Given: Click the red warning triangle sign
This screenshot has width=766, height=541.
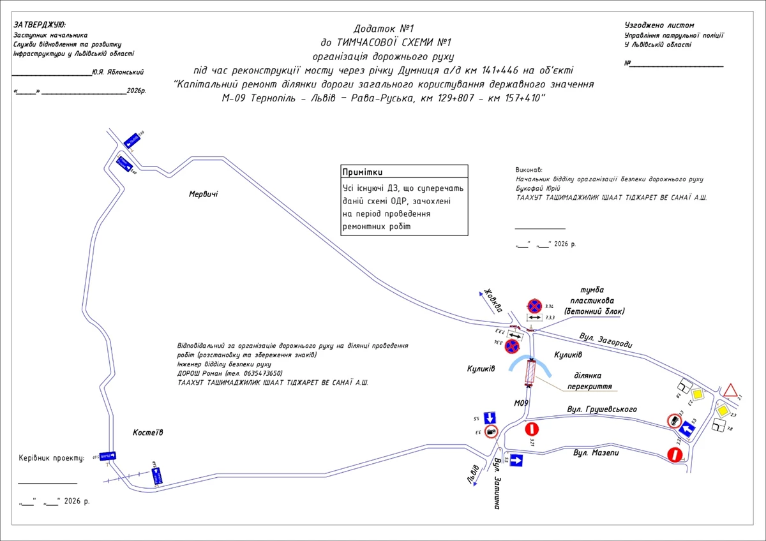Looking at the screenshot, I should click(730, 390).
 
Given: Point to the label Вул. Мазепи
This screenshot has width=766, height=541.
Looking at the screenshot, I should click(596, 453).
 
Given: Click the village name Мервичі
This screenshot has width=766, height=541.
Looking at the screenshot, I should click(203, 194).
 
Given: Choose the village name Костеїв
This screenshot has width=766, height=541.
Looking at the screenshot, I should click(148, 433).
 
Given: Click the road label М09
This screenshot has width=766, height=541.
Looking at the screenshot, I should click(522, 403).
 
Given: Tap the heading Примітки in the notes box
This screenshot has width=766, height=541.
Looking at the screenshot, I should click(363, 172).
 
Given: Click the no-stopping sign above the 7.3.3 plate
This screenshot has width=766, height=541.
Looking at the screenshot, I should click(534, 307).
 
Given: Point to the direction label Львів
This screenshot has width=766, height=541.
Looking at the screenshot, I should click(473, 473).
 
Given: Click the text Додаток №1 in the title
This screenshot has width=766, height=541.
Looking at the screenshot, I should click(384, 29).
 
